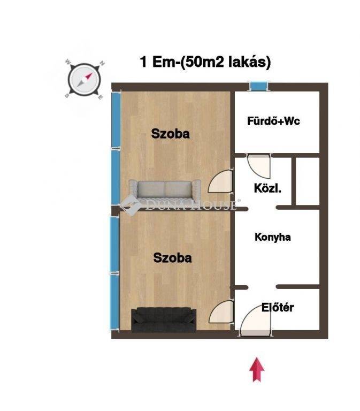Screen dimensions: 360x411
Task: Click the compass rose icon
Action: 84,79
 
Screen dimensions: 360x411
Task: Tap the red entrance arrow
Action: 257,370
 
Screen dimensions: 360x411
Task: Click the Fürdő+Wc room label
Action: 273,121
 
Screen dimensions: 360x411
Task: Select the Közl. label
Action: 267,188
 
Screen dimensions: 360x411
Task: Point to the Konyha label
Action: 272,237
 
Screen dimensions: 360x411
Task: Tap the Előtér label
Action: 278,307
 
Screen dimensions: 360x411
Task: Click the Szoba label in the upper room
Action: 170,134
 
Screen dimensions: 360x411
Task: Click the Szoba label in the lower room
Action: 172,257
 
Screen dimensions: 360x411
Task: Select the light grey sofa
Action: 165,189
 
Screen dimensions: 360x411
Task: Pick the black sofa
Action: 164,319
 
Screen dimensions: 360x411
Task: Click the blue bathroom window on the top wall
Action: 259,87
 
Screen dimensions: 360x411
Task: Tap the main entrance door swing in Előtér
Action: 255,321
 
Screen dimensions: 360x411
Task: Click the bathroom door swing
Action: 259,166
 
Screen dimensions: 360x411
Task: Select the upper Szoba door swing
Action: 220,181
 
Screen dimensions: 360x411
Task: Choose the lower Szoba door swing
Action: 221,312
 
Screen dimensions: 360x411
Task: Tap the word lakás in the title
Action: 250,63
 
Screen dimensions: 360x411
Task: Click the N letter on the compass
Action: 102,63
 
